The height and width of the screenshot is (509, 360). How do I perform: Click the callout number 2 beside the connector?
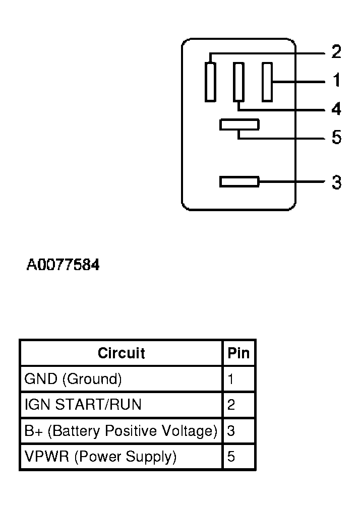(x=336, y=52)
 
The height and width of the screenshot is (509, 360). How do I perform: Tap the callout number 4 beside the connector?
(x=336, y=109)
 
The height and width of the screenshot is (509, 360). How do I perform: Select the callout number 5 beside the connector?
(x=336, y=137)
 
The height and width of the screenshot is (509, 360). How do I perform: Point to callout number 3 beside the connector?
(x=336, y=182)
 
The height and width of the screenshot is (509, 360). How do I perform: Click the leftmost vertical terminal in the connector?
(x=210, y=82)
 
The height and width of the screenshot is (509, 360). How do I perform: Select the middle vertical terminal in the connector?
(x=238, y=82)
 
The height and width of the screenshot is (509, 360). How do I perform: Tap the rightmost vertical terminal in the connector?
(x=267, y=82)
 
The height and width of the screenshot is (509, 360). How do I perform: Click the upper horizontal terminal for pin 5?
(x=239, y=124)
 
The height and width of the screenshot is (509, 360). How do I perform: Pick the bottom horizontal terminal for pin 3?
(x=239, y=181)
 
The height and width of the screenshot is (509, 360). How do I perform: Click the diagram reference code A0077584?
(x=63, y=265)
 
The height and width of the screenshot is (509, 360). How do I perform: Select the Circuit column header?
(x=121, y=353)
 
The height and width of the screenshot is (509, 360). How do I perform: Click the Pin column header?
(x=238, y=353)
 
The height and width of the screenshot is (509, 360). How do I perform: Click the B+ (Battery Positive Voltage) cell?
(x=121, y=431)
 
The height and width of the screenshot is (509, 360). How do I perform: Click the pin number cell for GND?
(x=238, y=379)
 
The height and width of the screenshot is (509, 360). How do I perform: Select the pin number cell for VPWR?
(x=238, y=457)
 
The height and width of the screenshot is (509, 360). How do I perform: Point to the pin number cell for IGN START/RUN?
(x=238, y=405)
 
